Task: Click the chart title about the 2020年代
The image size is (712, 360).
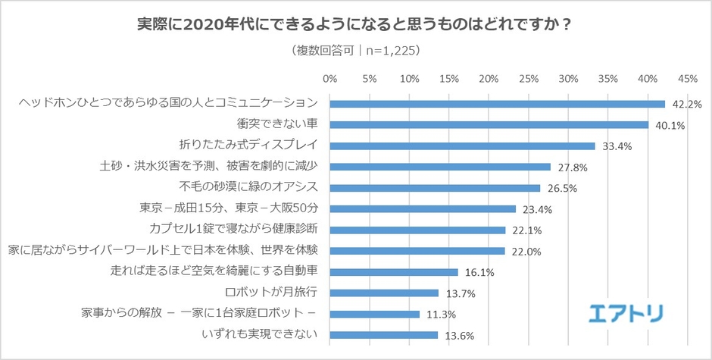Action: pos(355,24)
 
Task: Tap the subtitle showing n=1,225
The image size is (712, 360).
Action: pos(355,52)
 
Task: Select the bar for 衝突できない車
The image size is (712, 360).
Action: pos(489,125)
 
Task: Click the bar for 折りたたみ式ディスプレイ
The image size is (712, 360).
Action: pos(462,146)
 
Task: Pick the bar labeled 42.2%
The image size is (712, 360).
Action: pos(497,104)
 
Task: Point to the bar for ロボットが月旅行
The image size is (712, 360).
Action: pos(384,293)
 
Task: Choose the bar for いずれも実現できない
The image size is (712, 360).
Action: pos(383,334)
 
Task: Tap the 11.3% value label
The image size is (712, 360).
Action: pos(436,314)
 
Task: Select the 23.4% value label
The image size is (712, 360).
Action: pos(532,209)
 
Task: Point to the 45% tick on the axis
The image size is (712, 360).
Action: pos(688,78)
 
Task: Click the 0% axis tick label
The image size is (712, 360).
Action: pos(330,78)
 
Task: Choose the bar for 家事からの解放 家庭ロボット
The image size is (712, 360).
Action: pos(374,314)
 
